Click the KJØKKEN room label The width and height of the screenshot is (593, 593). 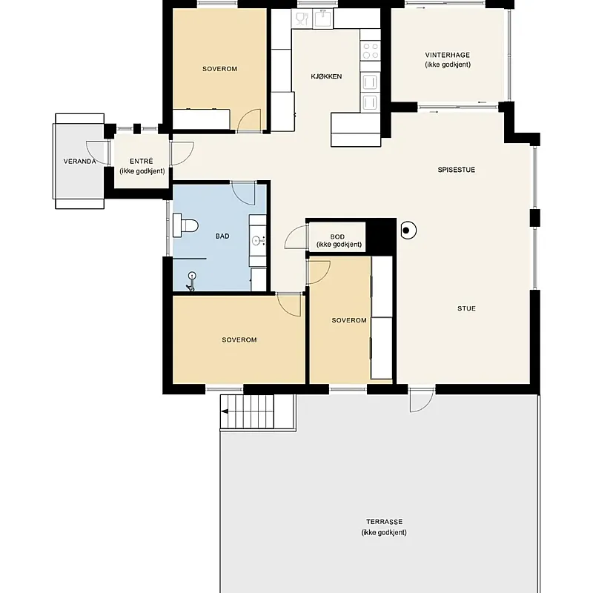point(326,76)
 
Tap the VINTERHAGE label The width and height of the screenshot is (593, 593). point(447,55)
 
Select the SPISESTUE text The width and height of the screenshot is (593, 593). point(456,170)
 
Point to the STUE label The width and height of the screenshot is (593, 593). point(466,308)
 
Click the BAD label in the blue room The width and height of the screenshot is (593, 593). point(222,236)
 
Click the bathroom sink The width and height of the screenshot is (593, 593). point(258,240)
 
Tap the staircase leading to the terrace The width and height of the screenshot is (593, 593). point(248,411)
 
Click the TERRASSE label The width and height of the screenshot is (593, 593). point(384,522)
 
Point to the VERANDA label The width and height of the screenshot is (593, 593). point(79,161)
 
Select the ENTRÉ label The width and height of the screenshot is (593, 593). point(141,161)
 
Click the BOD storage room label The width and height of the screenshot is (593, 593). point(337,236)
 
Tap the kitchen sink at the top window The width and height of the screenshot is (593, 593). point(322,18)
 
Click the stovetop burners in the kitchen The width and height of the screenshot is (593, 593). point(370,51)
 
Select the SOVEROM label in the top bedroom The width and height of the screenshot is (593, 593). point(219,69)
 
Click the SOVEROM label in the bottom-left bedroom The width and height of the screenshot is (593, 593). point(239,339)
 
